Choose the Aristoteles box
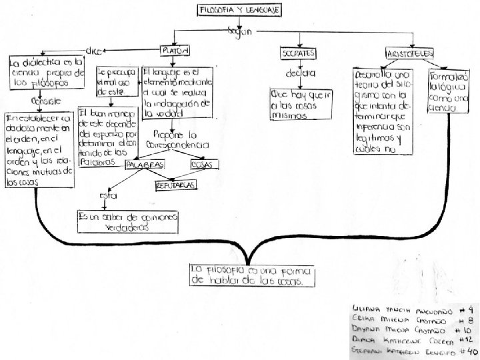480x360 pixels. coord(410,51)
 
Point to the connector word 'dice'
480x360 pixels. coord(95,49)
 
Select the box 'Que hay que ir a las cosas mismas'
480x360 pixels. coord(299,104)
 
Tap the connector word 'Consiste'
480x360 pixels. coord(37,100)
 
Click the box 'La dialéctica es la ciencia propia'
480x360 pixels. coord(38,73)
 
